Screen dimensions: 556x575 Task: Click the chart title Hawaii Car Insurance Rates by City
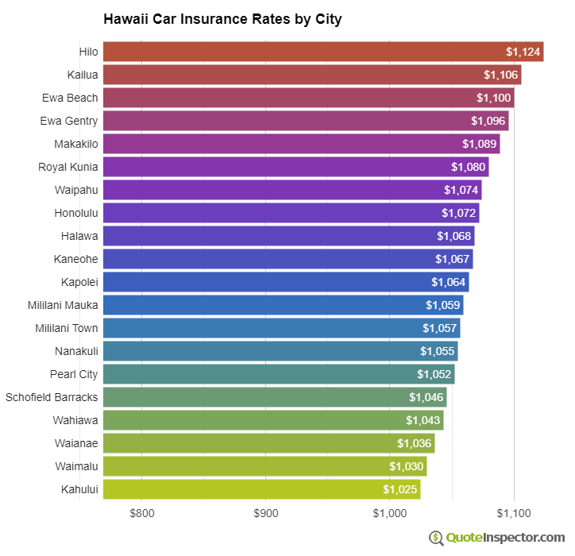pos(222,19)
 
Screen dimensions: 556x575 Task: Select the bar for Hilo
pos(318,52)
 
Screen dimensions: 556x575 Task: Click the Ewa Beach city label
pos(70,98)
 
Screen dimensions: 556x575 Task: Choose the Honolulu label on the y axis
pos(76,213)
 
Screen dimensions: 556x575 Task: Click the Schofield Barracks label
pos(52,397)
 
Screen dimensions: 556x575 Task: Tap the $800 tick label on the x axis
pos(142,513)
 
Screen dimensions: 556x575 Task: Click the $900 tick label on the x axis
pos(266,513)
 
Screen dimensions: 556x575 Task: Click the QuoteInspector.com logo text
pos(505,538)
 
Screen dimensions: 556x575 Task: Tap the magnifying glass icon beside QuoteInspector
pos(436,538)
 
